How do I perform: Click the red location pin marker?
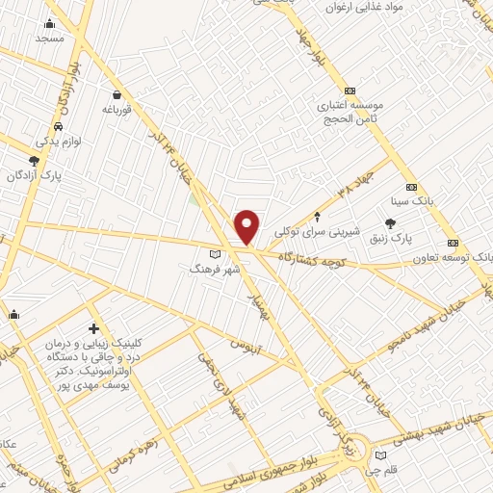pos(247,226)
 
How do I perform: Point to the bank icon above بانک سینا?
pos(412,187)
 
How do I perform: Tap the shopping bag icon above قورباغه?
pos(117,95)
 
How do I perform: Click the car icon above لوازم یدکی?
pos(59,127)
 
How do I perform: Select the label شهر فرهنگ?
pos(204,272)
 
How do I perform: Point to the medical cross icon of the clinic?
pos(93,329)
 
